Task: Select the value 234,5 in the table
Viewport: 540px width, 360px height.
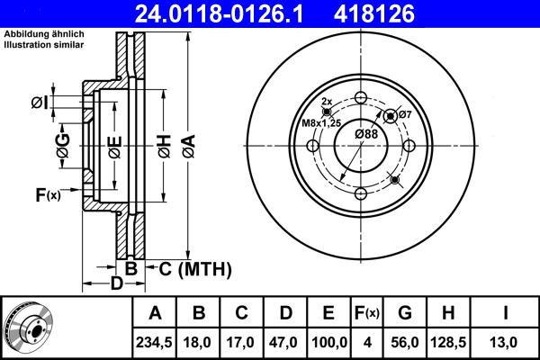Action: coord(155,341)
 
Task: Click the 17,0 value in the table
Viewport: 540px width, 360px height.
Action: coord(242,341)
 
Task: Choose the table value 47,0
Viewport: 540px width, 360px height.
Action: coord(284,341)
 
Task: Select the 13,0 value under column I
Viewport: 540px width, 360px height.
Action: coord(507,341)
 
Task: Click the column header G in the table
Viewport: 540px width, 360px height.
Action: coord(405,313)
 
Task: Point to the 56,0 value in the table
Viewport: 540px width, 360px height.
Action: coord(405,341)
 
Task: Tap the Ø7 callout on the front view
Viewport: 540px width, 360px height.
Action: coord(405,114)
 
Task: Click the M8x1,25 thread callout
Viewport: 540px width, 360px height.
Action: coord(321,122)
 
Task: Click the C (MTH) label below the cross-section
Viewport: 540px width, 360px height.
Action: coord(195,268)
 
